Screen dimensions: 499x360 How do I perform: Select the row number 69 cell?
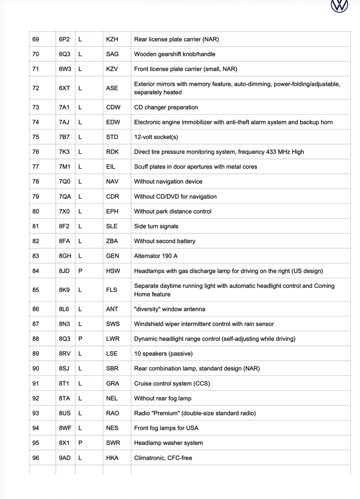click(36, 40)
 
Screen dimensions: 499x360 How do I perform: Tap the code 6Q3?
click(64, 54)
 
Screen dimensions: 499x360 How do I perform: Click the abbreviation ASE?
click(112, 88)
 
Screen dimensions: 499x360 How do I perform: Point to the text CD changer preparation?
click(166, 107)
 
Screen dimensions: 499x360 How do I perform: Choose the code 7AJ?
click(64, 122)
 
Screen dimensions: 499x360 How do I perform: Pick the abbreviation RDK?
click(112, 152)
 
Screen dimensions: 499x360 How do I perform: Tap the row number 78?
click(36, 182)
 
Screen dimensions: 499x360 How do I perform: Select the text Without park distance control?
click(172, 211)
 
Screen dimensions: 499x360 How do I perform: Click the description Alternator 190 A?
click(156, 256)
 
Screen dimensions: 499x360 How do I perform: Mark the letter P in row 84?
click(80, 271)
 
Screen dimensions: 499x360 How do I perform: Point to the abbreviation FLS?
click(112, 290)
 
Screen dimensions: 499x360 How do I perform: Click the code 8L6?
click(64, 309)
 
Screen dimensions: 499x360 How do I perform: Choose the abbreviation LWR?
click(112, 339)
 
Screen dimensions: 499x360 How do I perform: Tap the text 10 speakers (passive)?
click(163, 354)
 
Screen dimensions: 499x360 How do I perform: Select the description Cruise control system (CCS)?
click(172, 384)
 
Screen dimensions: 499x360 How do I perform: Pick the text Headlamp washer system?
click(168, 443)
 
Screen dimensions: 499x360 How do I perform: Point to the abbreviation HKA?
click(112, 458)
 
